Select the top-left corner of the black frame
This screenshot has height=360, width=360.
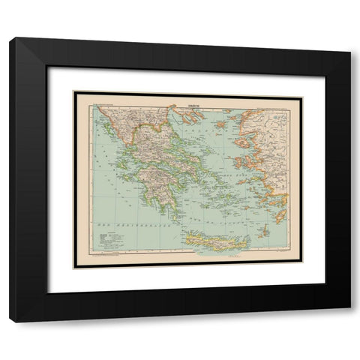[x=10, y=39]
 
